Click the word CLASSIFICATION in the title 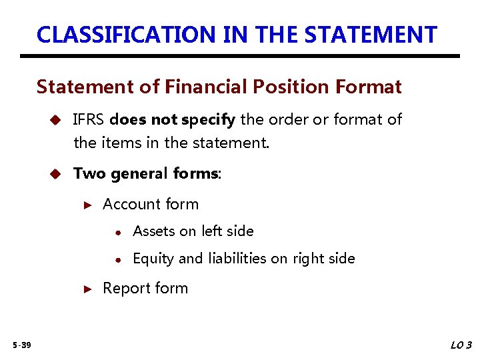[127, 34]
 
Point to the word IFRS [89, 120]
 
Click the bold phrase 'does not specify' [173, 120]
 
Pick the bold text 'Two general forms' [146, 174]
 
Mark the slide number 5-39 [21, 345]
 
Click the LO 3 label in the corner [461, 345]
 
